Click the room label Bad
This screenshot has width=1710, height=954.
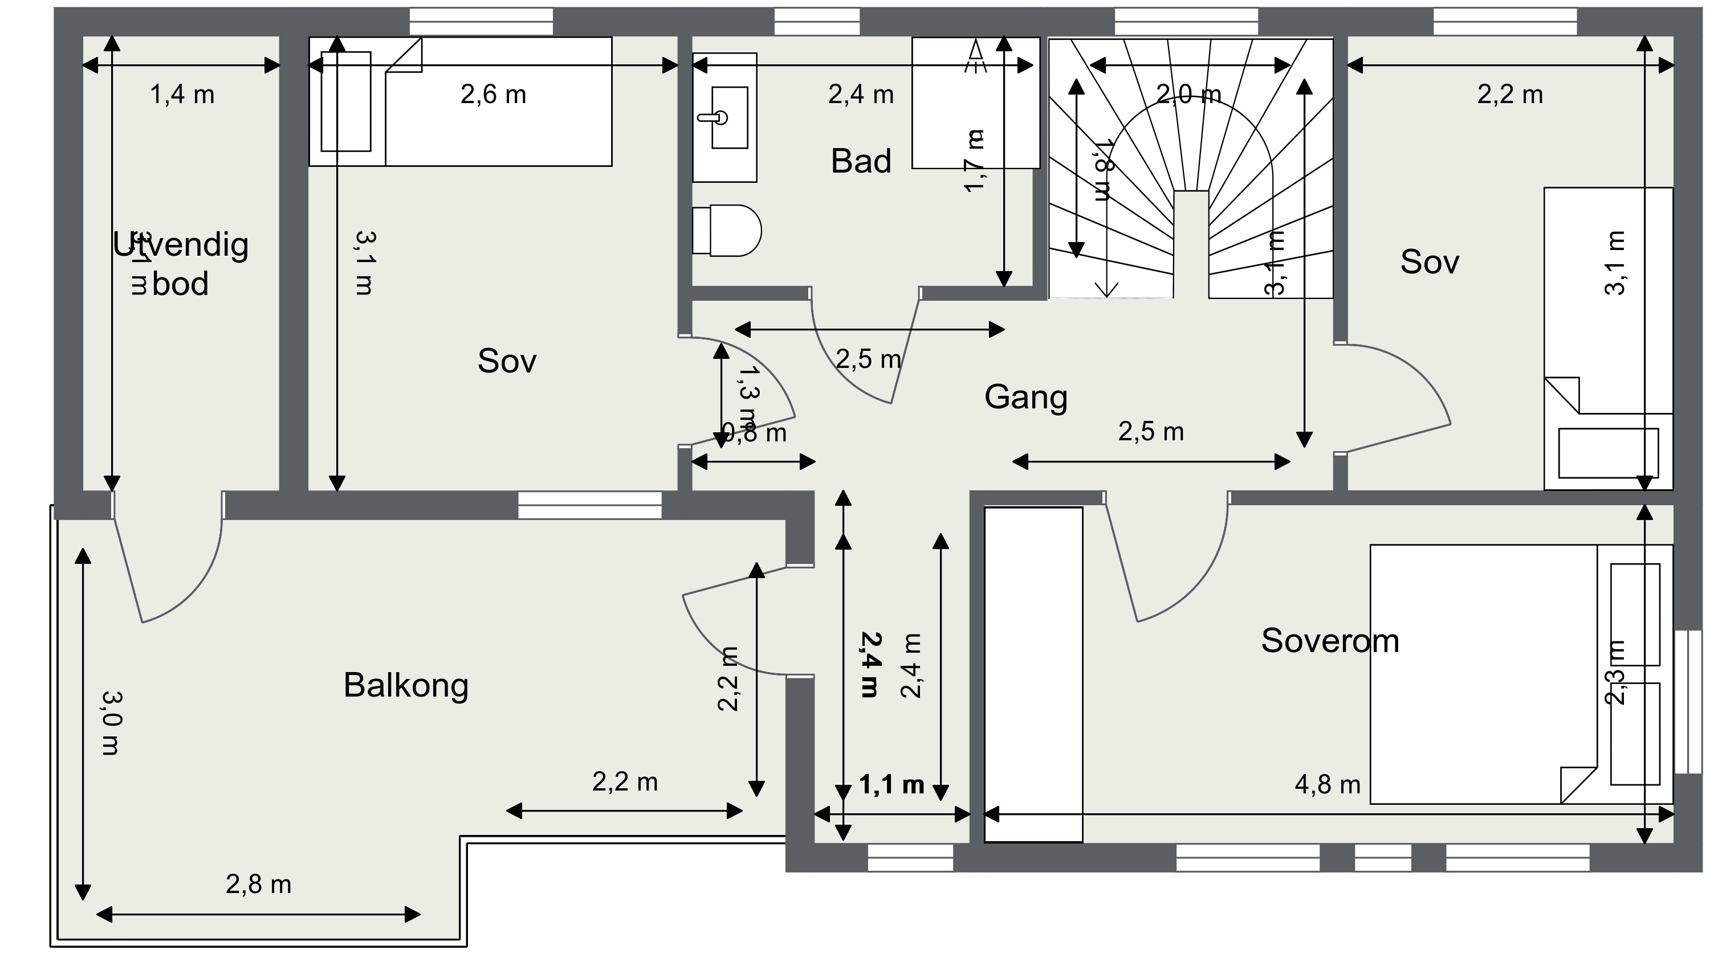[860, 161]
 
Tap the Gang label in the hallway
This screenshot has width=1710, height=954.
[1025, 397]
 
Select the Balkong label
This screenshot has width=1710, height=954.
[406, 685]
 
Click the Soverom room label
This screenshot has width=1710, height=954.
[1330, 641]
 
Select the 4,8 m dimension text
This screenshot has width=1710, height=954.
[1327, 785]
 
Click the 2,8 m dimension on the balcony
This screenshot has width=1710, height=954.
[258, 885]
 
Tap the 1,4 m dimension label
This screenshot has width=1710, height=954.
[182, 95]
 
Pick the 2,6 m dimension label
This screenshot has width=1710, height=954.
[492, 95]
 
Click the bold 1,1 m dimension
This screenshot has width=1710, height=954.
[891, 785]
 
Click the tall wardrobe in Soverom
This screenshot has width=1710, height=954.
[1033, 675]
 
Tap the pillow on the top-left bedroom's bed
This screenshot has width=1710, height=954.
[346, 101]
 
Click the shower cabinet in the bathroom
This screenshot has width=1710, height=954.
[975, 103]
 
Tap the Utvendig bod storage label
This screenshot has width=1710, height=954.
[180, 264]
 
